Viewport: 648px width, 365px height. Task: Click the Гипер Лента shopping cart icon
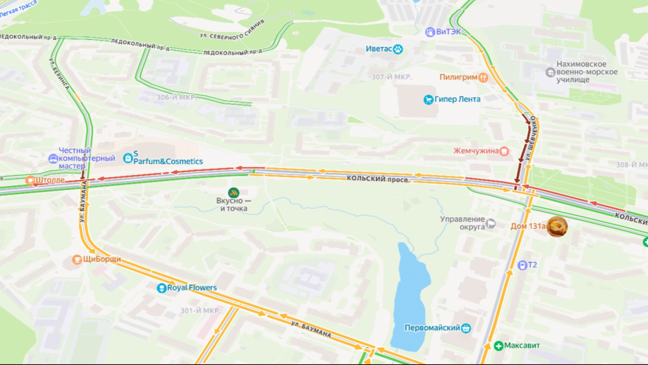click(428, 100)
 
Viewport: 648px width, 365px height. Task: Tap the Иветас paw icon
click(398, 49)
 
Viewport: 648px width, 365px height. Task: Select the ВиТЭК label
click(448, 32)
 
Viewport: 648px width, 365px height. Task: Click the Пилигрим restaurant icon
click(483, 77)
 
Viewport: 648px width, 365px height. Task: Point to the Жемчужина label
click(476, 151)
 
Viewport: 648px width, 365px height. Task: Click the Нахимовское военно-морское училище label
click(586, 72)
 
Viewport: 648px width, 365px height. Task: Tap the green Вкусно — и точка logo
click(233, 193)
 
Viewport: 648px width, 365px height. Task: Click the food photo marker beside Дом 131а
click(557, 226)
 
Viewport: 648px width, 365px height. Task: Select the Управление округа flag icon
click(490, 223)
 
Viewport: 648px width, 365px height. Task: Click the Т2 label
click(532, 265)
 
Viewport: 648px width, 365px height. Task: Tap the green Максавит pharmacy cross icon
click(499, 346)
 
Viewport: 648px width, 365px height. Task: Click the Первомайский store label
click(432, 328)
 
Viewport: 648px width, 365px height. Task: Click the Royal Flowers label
click(192, 288)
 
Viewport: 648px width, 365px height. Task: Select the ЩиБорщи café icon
click(77, 259)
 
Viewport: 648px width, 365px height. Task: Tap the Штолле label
click(50, 180)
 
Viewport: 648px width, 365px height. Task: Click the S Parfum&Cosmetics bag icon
click(128, 158)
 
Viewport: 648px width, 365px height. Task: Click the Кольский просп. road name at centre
click(378, 178)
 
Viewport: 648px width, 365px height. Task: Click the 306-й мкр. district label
click(176, 97)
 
